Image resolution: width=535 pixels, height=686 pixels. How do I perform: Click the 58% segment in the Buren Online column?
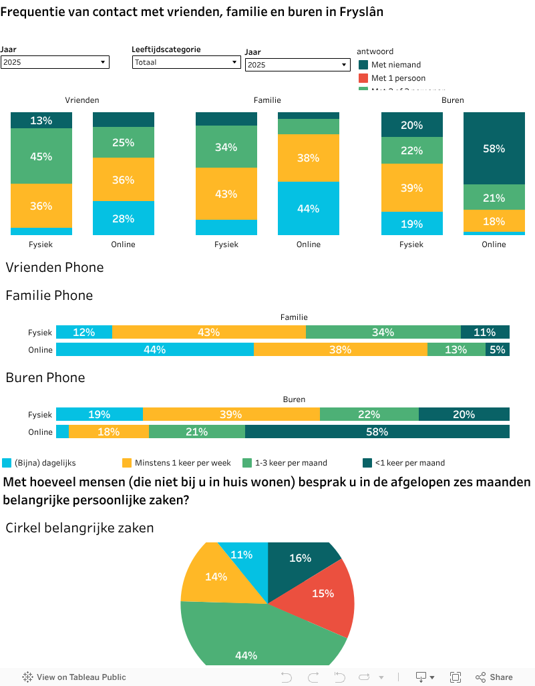pyautogui.click(x=494, y=148)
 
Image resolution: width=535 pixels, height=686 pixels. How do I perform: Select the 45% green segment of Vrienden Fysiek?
pyautogui.click(x=41, y=156)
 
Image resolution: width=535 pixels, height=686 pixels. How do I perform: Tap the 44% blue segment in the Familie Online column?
pyautogui.click(x=309, y=208)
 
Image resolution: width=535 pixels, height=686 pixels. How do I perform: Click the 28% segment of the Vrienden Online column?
pyautogui.click(x=124, y=218)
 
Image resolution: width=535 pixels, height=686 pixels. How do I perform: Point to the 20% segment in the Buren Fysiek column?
pyautogui.click(x=412, y=125)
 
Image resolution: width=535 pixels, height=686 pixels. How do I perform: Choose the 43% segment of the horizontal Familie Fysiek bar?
pyautogui.click(x=209, y=333)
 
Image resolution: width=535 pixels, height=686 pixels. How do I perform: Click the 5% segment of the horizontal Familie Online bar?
pyautogui.click(x=498, y=349)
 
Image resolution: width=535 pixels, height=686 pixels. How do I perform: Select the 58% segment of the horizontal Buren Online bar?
pyautogui.click(x=377, y=432)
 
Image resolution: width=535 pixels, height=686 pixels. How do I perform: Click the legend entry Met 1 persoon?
pyautogui.click(x=398, y=78)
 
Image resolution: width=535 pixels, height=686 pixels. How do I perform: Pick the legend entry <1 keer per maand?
pyautogui.click(x=409, y=463)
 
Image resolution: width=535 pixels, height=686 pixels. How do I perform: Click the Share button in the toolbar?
pyautogui.click(x=494, y=677)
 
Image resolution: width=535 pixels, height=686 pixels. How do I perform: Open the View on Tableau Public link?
pyautogui.click(x=75, y=677)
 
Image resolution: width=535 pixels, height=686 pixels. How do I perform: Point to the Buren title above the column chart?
pyautogui.click(x=453, y=100)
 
